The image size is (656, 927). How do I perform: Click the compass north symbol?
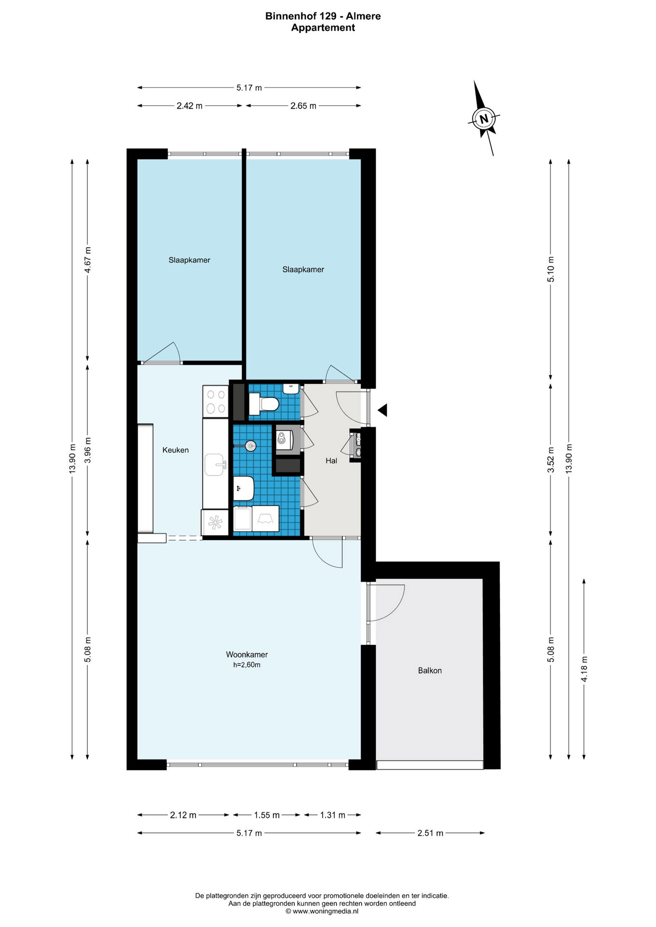(484, 118)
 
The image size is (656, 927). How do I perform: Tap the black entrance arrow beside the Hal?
(383, 410)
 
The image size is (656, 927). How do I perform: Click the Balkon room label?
(430, 671)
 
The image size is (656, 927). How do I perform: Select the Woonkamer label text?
(247, 655)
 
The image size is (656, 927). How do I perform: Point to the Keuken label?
(175, 450)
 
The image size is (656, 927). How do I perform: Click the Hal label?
(331, 461)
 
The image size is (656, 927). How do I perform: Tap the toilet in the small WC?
(264, 404)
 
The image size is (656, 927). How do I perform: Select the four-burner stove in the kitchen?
(215, 402)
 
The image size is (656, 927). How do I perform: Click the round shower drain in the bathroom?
(250, 446)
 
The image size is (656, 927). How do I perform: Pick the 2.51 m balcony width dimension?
(430, 833)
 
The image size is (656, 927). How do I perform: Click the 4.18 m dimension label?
(584, 669)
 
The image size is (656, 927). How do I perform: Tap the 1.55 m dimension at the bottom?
(267, 815)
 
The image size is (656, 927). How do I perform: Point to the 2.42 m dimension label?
(189, 106)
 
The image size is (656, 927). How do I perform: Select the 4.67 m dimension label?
(87, 260)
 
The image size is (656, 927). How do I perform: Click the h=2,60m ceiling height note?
(247, 665)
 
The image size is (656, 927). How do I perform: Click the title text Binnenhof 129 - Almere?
(323, 16)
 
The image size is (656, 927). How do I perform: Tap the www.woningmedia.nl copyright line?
(322, 912)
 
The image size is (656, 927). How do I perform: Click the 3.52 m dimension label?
(551, 460)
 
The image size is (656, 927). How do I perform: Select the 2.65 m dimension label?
(303, 106)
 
